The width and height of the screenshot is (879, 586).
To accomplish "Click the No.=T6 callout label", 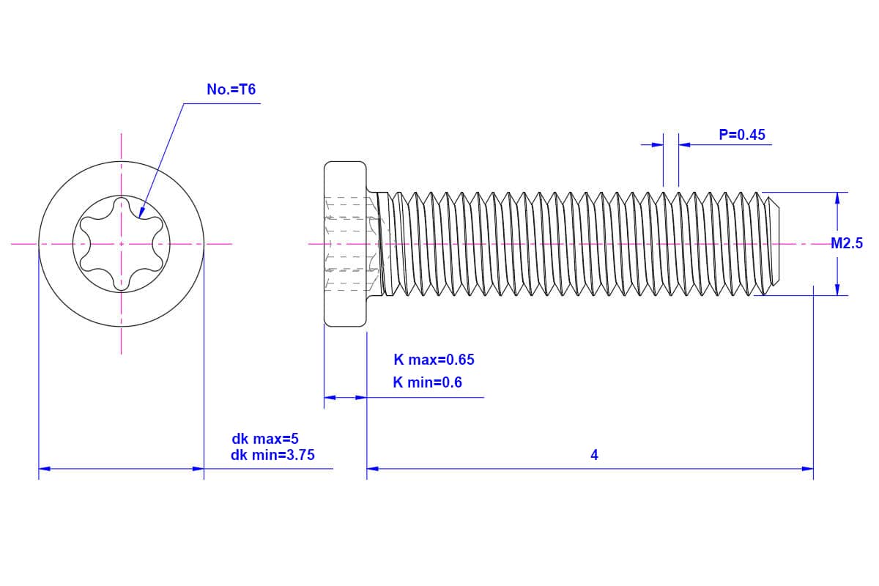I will click(x=231, y=89).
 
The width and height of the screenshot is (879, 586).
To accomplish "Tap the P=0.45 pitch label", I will click(x=741, y=135).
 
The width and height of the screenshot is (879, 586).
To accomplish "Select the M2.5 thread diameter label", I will click(x=847, y=244).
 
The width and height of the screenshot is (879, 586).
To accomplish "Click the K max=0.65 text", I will click(x=434, y=360).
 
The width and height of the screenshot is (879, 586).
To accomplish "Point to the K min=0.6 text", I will click(x=427, y=382).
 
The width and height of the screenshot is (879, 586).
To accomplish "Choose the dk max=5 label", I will click(x=265, y=439).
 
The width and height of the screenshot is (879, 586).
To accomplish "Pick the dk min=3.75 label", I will click(x=272, y=455).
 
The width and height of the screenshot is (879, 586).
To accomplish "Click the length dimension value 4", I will click(x=594, y=455).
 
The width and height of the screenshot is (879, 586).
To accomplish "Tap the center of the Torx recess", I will click(x=122, y=244).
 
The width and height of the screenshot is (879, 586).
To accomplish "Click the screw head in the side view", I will click(x=345, y=244).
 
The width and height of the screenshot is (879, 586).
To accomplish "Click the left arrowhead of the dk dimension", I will click(x=44, y=468).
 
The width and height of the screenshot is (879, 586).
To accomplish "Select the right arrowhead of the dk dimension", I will click(x=198, y=468).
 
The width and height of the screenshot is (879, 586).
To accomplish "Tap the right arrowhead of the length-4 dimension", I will click(x=808, y=469).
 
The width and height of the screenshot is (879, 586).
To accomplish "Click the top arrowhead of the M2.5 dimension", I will click(x=837, y=198).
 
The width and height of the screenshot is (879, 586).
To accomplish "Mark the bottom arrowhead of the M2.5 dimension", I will click(x=837, y=290).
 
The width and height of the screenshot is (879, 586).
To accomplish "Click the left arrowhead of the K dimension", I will click(x=330, y=398).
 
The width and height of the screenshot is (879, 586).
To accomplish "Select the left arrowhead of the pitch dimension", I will click(x=658, y=145).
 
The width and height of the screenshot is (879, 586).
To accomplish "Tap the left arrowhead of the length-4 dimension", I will click(x=372, y=469).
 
